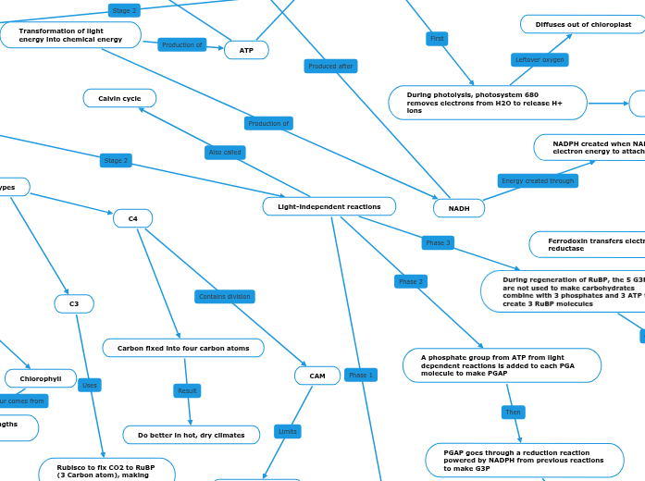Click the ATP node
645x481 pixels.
tap(246, 50)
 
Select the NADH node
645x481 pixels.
tap(459, 208)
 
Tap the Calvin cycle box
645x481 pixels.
tap(119, 98)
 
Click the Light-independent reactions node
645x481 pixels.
tap(329, 206)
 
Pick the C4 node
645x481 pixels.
tap(132, 218)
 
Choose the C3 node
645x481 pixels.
tap(74, 303)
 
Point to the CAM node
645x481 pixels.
tap(317, 376)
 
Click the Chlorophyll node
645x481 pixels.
tap(41, 378)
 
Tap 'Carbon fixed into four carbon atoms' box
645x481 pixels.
tap(183, 348)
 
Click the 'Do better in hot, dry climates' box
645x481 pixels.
tap(191, 435)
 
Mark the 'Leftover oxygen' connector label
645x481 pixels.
tap(540, 60)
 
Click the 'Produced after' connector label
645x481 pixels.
tap(330, 66)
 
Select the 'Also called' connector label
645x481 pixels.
tap(225, 153)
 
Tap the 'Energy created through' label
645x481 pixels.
tap(538, 181)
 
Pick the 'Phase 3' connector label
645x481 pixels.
tap(438, 242)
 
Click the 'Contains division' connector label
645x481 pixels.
tap(225, 297)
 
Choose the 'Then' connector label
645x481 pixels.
tap(513, 412)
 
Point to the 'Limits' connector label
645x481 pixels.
tap(288, 431)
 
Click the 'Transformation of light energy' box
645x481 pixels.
tap(70, 35)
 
